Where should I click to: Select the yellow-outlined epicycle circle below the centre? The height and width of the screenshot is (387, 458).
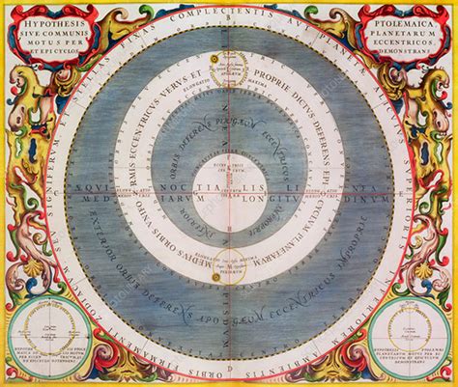click(x=230, y=264)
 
